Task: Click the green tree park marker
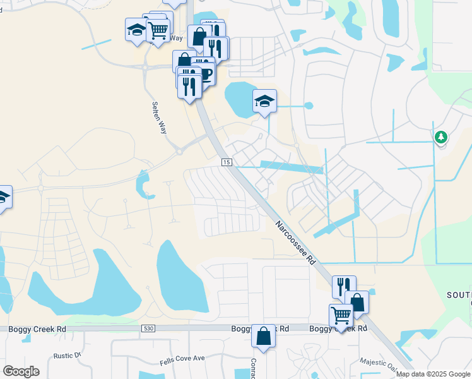(440, 137)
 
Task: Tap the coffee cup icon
(205, 73)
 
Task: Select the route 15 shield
(226, 162)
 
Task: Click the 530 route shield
(148, 328)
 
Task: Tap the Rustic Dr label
(68, 356)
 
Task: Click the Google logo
(21, 371)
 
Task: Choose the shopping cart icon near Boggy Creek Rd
(341, 315)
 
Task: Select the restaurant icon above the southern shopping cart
(344, 286)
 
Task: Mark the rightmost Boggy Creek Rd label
(338, 329)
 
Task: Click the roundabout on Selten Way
(179, 151)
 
